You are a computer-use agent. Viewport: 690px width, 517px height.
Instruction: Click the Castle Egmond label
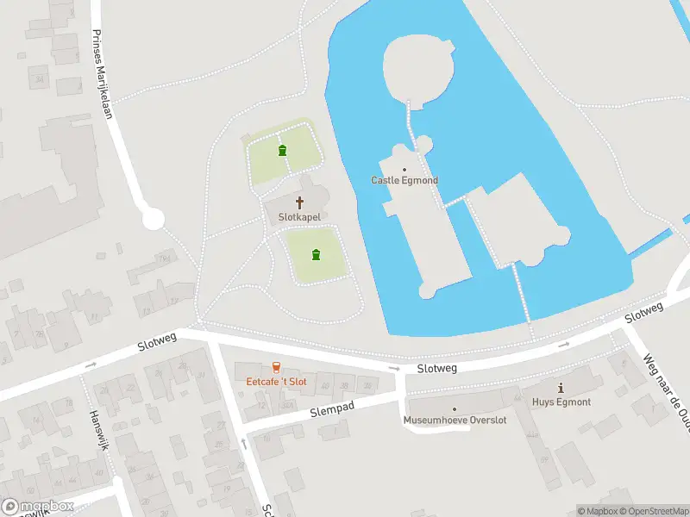pos(405,180)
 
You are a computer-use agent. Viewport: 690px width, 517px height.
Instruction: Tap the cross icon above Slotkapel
pos(300,203)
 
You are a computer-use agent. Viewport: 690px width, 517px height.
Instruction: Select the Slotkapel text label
pos(299,218)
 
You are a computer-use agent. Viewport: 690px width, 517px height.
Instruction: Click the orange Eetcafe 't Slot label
pos(276,381)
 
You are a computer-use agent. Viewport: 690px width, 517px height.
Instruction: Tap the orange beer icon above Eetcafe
pos(276,367)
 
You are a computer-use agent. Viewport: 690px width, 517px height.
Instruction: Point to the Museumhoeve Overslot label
pos(455,420)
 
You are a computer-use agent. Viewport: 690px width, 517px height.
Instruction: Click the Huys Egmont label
pos(561,402)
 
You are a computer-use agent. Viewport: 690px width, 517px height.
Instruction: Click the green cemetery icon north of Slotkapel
pos(282,151)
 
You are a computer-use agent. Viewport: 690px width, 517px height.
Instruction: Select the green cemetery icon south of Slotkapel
pos(317,254)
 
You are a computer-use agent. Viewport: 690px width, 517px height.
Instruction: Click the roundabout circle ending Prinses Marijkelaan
pos(154,218)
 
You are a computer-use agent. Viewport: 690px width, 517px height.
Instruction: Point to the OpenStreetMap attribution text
pos(652,511)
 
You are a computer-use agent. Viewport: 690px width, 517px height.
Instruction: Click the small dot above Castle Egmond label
pos(405,169)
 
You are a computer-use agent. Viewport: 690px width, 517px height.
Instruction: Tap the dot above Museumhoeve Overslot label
pos(455,409)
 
